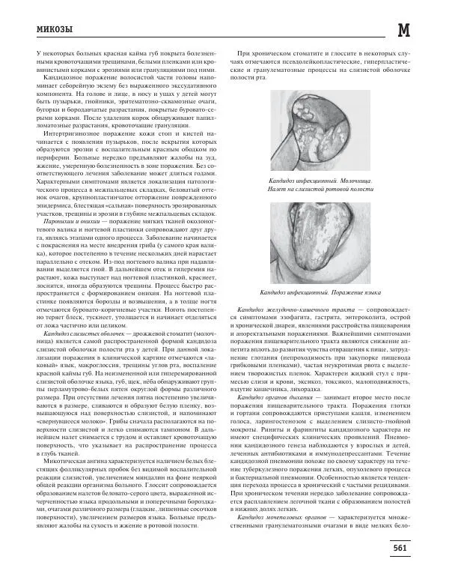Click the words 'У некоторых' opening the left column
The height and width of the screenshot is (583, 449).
click(x=52, y=54)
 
